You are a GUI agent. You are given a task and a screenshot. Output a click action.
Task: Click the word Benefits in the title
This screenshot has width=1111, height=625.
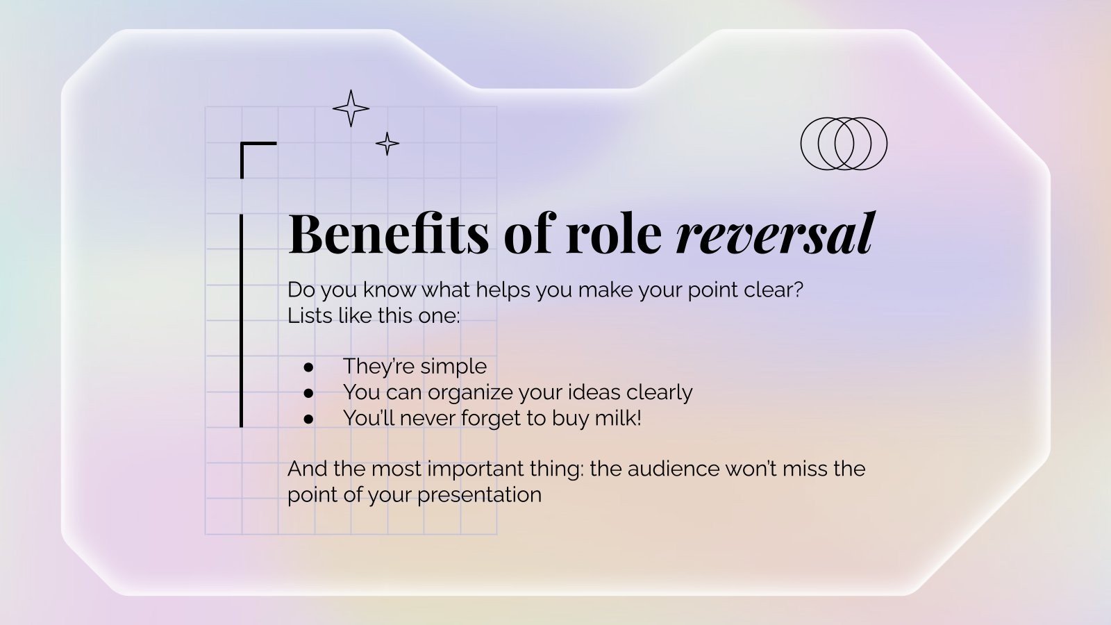coord(389,233)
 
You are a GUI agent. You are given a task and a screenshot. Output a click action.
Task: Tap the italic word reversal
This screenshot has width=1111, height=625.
coord(775,233)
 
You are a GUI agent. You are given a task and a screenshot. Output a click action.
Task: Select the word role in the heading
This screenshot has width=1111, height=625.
coord(614,233)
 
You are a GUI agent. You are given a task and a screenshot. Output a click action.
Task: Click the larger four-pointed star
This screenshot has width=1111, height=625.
coord(351,108)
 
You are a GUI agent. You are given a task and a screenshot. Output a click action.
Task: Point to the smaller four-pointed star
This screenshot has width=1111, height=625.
coord(387,144)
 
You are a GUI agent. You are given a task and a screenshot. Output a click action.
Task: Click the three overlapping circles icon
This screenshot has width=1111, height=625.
coord(801,144)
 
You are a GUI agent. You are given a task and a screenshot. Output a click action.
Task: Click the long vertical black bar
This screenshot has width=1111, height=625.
coord(242,320)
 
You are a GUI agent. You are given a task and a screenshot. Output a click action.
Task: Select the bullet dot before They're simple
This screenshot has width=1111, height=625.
coord(308,367)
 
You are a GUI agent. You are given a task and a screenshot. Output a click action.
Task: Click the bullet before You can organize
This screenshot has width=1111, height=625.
coord(308,393)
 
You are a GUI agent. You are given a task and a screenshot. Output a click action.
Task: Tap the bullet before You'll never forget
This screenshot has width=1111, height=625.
coord(308,419)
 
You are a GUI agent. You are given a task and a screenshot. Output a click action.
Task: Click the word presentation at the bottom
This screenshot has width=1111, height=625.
coord(479,496)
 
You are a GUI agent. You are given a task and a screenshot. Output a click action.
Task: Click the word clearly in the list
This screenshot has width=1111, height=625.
coord(659,392)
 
